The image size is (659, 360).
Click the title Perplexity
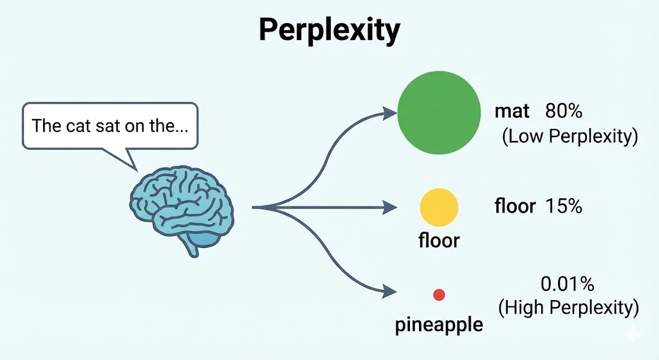click(329, 30)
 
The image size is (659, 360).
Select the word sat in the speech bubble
click(106, 125)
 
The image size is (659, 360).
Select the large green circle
click(439, 108)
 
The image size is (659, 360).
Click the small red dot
click(440, 294)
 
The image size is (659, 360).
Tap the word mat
click(512, 111)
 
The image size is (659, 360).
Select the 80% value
click(563, 111)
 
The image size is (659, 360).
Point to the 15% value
click(563, 206)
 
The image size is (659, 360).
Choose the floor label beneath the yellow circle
click(439, 241)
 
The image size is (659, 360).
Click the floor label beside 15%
click(515, 206)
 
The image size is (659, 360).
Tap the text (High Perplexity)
click(569, 308)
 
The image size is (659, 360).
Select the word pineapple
click(439, 325)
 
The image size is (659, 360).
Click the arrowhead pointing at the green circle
click(389, 113)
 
